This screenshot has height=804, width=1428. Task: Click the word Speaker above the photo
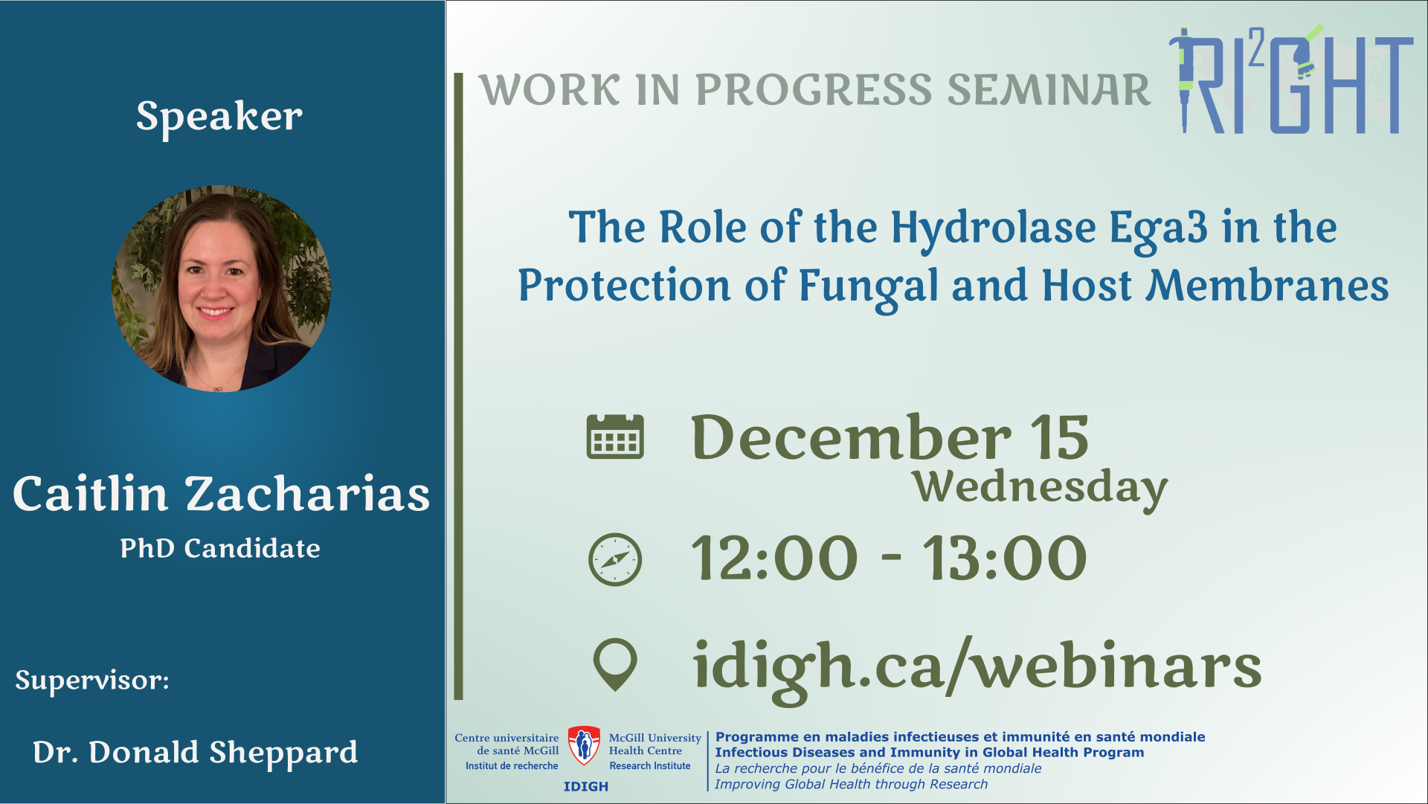click(x=219, y=117)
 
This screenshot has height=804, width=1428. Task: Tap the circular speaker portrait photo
click(x=221, y=288)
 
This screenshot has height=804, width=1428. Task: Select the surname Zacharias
click(x=307, y=494)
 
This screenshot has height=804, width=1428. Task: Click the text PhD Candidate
click(x=220, y=548)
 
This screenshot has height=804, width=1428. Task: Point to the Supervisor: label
click(x=92, y=681)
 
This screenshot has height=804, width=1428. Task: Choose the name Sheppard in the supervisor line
click(x=283, y=753)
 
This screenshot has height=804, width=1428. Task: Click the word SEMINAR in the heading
click(x=1049, y=90)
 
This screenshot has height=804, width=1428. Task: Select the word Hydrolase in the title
click(x=993, y=228)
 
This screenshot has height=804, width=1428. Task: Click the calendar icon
click(x=615, y=437)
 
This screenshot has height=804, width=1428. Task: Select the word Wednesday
click(x=1040, y=488)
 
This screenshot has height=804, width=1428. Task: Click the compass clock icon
click(x=615, y=559)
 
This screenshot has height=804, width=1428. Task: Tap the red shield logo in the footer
click(x=584, y=745)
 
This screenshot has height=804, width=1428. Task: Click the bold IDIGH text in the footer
click(x=586, y=787)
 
